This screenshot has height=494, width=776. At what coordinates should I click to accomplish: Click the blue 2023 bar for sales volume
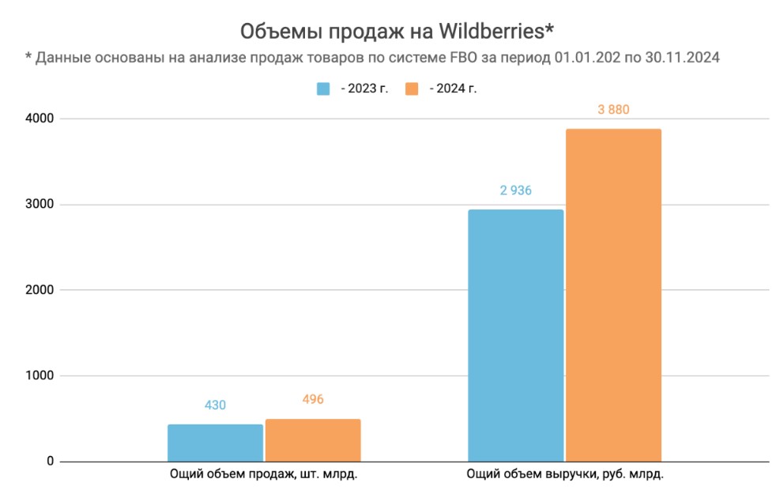click(215, 443)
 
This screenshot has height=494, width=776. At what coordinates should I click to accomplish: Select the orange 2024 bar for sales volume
click(313, 440)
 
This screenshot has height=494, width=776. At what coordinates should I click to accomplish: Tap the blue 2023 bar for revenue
click(516, 335)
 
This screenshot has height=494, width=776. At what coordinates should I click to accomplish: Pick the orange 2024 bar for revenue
click(613, 295)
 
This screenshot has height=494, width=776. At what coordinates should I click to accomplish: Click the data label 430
click(215, 405)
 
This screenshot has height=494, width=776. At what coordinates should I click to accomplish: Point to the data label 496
click(313, 399)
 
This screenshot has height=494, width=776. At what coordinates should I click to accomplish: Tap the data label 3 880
click(613, 110)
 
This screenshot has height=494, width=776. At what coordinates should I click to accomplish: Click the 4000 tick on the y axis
click(38, 119)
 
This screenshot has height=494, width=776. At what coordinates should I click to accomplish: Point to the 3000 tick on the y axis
click(38, 205)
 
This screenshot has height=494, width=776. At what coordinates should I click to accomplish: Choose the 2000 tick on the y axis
click(38, 290)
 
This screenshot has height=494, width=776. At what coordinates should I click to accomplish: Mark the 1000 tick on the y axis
click(38, 375)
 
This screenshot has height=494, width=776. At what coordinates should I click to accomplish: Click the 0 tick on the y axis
click(49, 462)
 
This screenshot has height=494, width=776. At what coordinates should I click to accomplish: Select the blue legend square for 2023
click(323, 89)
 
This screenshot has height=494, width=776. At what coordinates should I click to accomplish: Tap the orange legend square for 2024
click(411, 89)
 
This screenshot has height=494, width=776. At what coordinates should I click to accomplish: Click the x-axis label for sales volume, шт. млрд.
click(264, 475)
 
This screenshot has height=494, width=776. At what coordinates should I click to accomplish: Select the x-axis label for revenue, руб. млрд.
click(564, 475)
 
